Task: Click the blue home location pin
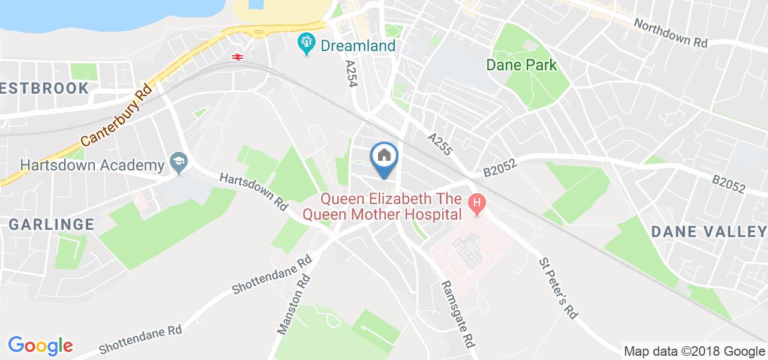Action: click(x=385, y=158)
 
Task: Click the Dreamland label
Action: click(x=358, y=46)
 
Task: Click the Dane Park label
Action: click(x=522, y=65)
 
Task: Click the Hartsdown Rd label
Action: click(x=254, y=191)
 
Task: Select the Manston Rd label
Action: click(x=293, y=304)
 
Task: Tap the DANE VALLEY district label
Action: click(x=709, y=232)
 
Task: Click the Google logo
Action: click(x=40, y=345)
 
